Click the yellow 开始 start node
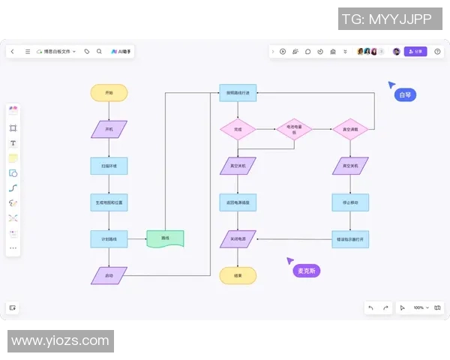point(109,93)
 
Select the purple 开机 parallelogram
point(109,129)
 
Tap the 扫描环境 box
point(109,166)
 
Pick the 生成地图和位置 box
point(109,202)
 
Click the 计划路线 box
point(109,239)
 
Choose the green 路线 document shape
point(165,239)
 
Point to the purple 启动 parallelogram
point(109,275)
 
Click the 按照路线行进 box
point(238,93)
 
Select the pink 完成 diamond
point(238,129)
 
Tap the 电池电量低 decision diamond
point(293,129)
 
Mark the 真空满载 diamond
point(350,129)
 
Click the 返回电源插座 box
point(238,202)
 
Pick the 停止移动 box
point(350,202)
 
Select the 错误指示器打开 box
point(350,239)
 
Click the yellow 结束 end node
point(238,275)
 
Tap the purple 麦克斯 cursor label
point(306,270)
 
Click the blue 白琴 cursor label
point(405,95)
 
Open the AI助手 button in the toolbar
point(122,52)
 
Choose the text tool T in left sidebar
point(13,143)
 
